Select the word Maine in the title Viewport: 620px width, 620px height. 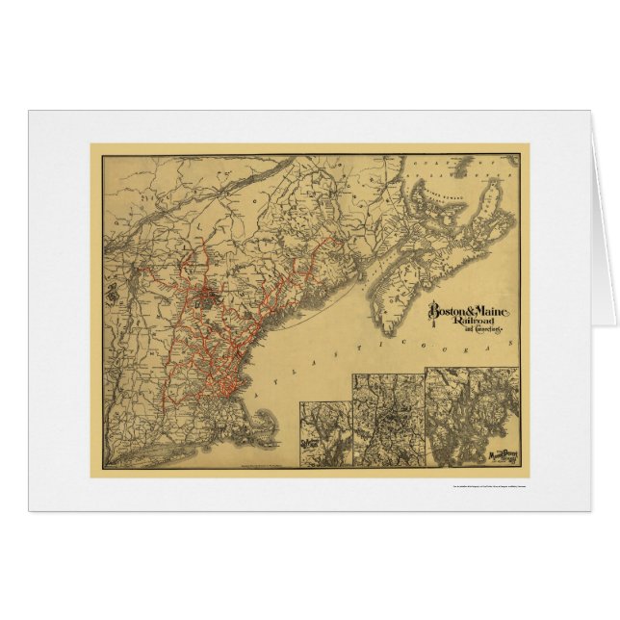pyautogui.click(x=497, y=311)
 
